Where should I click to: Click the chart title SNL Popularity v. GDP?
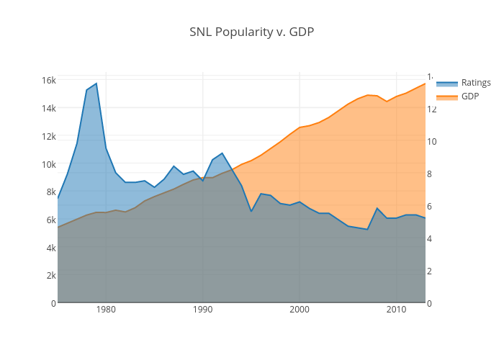click(251, 32)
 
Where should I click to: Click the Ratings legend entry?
click(476, 83)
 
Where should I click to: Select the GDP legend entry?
click(469, 96)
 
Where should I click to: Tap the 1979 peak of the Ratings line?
click(96, 84)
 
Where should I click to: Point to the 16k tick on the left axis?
click(48, 80)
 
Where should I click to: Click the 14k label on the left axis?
click(48, 108)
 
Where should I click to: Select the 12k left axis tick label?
click(48, 136)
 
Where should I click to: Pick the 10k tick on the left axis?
click(48, 164)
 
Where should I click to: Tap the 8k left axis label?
click(50, 192)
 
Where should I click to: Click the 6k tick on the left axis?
click(50, 220)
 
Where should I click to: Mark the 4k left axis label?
click(50, 248)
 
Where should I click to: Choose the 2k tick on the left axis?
click(50, 276)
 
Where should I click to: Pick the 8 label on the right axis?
click(430, 174)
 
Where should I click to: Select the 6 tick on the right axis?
click(430, 206)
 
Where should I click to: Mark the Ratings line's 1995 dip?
click(251, 211)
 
